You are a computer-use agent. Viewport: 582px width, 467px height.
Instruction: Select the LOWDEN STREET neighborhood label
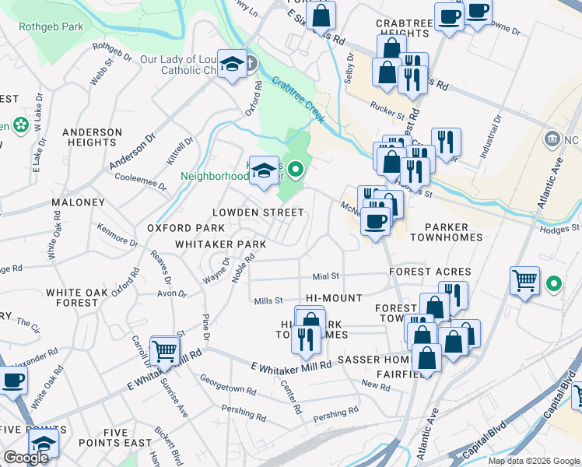click(258, 212)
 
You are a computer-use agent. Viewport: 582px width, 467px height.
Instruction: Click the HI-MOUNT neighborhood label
click(334, 298)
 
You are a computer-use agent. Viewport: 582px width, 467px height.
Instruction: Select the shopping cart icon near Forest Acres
click(525, 279)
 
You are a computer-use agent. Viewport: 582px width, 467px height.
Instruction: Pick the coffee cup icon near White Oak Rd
click(12, 381)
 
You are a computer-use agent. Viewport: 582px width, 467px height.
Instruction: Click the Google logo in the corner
click(26, 458)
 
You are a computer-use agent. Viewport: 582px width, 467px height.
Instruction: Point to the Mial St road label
click(326, 276)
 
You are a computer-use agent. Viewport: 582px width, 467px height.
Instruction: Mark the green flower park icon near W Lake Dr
click(20, 125)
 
